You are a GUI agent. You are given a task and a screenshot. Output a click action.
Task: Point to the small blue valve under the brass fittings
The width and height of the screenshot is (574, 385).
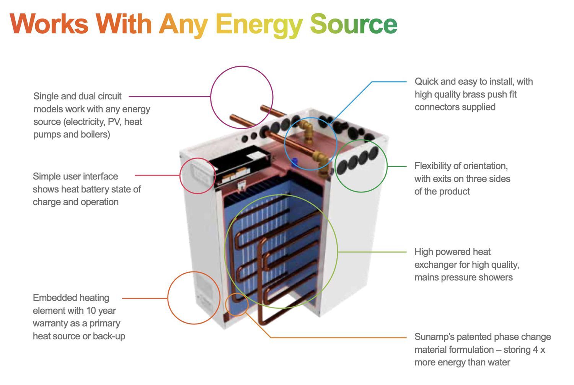(294, 160)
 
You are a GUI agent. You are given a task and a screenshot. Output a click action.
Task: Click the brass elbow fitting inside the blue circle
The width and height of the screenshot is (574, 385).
(307, 128)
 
